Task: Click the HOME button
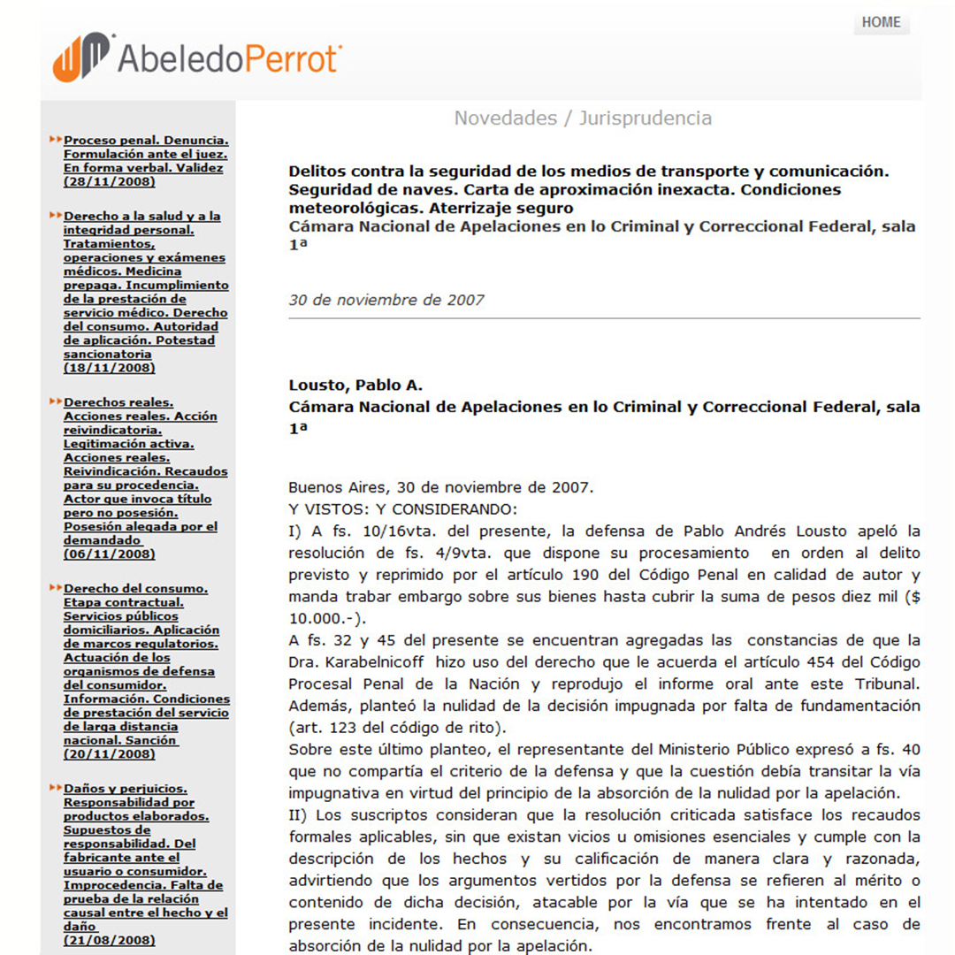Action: [881, 22]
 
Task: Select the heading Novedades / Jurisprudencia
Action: [583, 118]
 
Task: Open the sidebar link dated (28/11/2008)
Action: [110, 181]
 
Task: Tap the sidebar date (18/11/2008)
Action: [110, 368]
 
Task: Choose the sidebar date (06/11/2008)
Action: [110, 554]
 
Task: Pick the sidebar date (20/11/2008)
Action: [110, 754]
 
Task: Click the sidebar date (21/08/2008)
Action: [110, 940]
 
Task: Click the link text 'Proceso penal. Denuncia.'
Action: [147, 140]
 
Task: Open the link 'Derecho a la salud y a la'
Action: [142, 216]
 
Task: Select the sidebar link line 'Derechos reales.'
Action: [118, 402]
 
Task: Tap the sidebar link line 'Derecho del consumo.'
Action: [136, 588]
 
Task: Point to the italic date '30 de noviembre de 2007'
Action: [386, 300]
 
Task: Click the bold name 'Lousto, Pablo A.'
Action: [355, 385]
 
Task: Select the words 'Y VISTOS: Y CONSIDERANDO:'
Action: [402, 509]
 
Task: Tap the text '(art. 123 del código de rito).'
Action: [398, 729]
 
